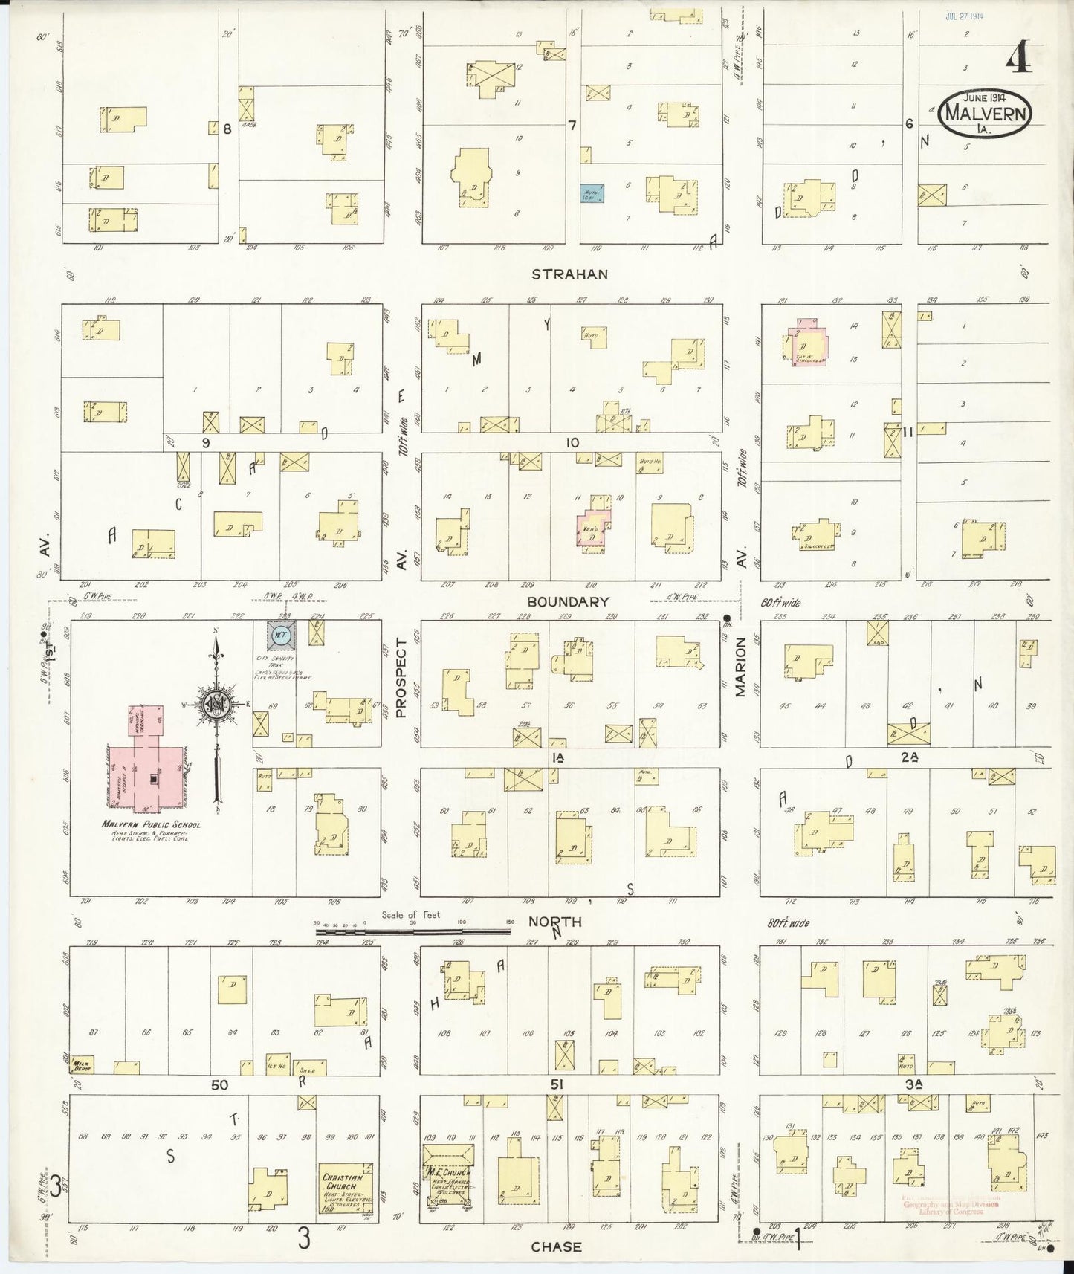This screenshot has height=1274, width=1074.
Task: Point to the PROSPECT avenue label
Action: pos(401,681)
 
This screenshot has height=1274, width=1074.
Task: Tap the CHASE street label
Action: pos(556,1247)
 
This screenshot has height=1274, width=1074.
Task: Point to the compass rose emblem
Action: pos(216,705)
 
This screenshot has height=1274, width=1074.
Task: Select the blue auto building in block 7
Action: pos(592,193)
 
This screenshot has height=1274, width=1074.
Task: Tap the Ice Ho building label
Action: pos(276,1064)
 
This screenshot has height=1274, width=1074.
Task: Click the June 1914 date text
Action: pos(984,97)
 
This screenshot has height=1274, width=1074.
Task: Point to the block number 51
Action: pos(557,1085)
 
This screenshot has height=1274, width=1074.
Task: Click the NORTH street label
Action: pos(554,922)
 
